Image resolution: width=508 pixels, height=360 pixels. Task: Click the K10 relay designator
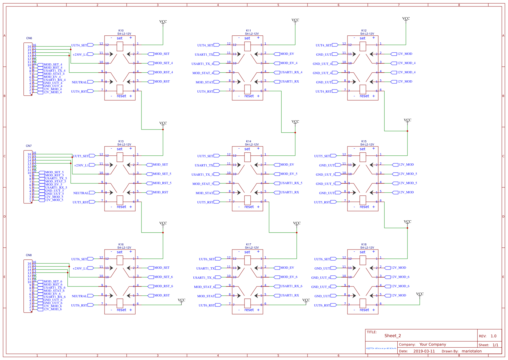(x=121, y=31)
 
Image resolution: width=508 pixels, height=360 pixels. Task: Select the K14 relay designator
(x=248, y=142)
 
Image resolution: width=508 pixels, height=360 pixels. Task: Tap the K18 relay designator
(x=364, y=245)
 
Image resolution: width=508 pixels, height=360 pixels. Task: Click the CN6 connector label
(x=29, y=38)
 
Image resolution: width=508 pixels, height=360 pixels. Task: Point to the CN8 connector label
(x=29, y=255)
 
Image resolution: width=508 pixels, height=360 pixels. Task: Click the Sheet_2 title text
(x=392, y=336)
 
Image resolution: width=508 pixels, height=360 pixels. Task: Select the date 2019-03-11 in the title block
(x=424, y=351)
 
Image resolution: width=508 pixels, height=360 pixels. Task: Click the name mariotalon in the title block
(x=472, y=351)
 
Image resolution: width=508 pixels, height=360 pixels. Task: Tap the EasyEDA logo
(x=381, y=348)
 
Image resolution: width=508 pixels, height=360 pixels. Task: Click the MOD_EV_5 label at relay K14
(x=289, y=174)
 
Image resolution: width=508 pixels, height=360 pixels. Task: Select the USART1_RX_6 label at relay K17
(x=291, y=286)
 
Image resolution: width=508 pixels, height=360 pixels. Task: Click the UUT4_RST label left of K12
(x=323, y=92)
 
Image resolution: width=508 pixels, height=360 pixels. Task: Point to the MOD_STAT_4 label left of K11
(x=203, y=73)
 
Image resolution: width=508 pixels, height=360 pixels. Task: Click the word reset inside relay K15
(x=364, y=207)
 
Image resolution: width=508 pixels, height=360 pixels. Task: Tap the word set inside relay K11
(x=247, y=38)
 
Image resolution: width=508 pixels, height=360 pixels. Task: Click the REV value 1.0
(x=494, y=336)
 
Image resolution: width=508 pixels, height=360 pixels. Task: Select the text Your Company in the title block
(x=433, y=344)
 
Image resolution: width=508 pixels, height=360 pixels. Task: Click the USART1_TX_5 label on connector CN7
(x=56, y=178)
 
